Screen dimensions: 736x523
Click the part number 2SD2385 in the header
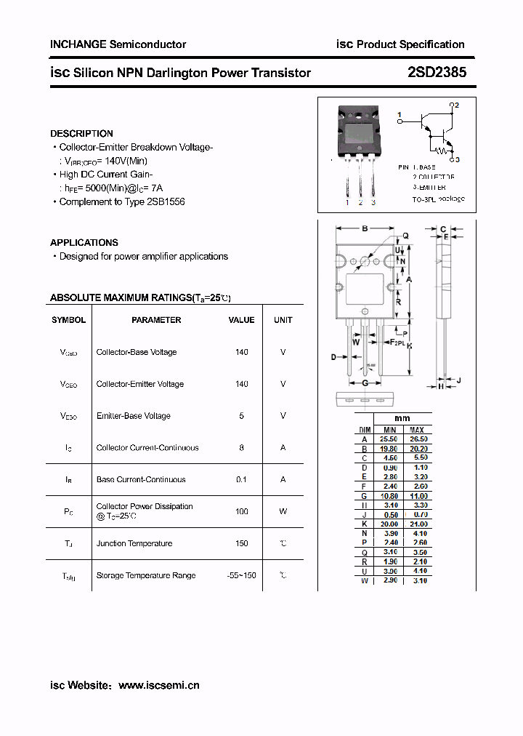click(x=433, y=72)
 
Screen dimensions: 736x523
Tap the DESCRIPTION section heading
click(x=81, y=134)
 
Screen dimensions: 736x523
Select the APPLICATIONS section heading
click(x=84, y=243)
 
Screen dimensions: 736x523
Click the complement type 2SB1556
click(x=166, y=201)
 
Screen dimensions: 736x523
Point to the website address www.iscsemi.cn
click(x=158, y=685)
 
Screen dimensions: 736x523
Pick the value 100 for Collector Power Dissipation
click(x=241, y=511)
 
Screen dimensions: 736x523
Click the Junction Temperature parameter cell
click(x=134, y=543)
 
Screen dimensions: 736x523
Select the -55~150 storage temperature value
click(x=241, y=575)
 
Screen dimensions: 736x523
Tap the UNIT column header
click(x=283, y=320)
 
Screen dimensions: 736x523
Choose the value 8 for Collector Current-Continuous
click(x=241, y=448)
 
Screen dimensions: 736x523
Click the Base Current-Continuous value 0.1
click(x=241, y=480)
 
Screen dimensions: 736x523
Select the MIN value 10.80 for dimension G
click(x=389, y=496)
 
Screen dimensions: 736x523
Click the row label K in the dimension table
click(x=364, y=524)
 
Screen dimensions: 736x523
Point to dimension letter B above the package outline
click(x=365, y=228)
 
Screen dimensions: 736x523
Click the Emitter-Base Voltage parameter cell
click(x=133, y=416)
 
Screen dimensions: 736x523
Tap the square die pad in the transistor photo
click(x=360, y=134)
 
